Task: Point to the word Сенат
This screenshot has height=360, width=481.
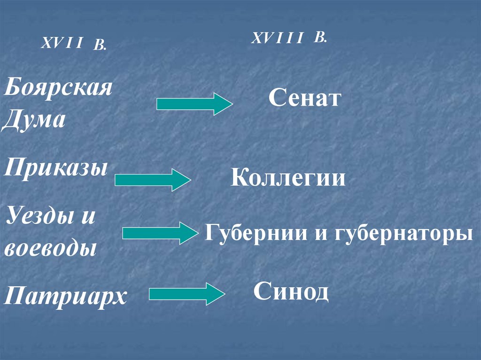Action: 304,99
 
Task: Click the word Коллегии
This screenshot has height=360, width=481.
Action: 288,179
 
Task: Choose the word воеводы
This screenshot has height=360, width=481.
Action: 50,247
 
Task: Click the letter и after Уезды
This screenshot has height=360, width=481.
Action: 88,217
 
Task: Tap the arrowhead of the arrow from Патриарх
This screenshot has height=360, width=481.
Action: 216,294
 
